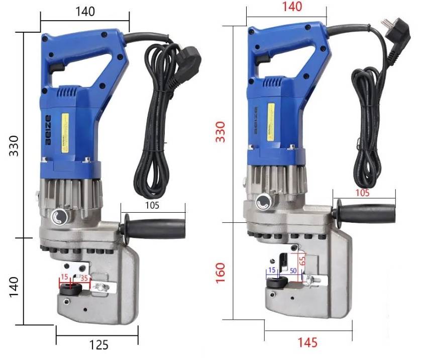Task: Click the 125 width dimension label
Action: pos(99,345)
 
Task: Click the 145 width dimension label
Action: pos(307,342)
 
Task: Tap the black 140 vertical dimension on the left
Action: pos(15,285)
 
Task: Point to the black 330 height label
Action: pos(14,146)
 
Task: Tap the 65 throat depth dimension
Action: pos(302,261)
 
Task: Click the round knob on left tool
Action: pos(60,217)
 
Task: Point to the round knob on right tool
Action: pos(263,203)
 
